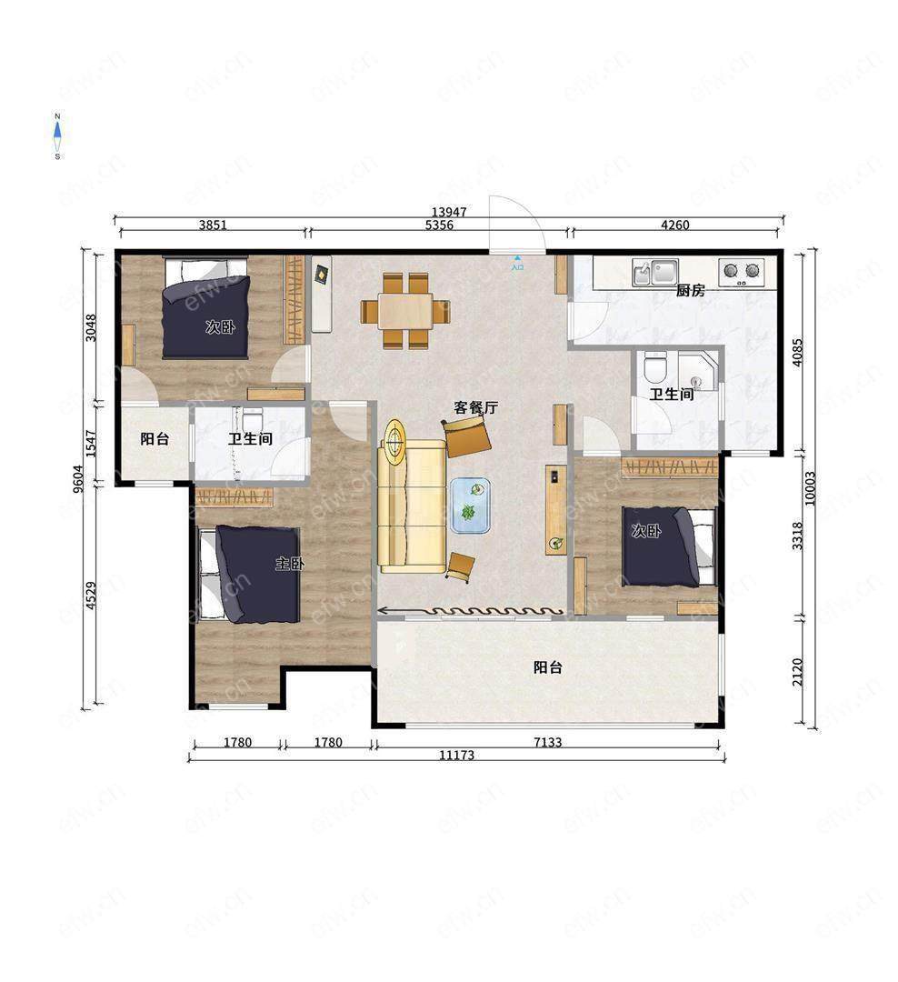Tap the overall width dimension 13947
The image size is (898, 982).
click(x=449, y=212)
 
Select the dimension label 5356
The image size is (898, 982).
click(x=439, y=225)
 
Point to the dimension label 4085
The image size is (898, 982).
click(x=797, y=353)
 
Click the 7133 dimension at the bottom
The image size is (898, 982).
click(x=547, y=742)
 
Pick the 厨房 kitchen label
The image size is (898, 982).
click(x=690, y=291)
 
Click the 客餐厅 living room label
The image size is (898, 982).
click(x=476, y=407)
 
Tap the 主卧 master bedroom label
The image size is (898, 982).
click(x=290, y=564)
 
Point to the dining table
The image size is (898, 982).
click(x=405, y=311)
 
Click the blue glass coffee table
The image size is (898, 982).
click(x=470, y=506)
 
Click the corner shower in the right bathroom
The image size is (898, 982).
click(x=698, y=371)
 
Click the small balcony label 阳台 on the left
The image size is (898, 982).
click(x=155, y=439)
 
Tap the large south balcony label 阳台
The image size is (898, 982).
click(x=547, y=667)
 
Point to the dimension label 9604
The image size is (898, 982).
click(x=77, y=479)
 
